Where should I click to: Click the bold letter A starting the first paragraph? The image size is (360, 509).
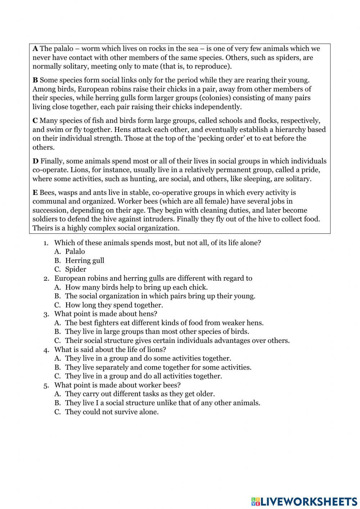[35, 49]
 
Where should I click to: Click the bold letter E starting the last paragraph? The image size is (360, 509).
[35, 193]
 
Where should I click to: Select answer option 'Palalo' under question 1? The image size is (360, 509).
[75, 251]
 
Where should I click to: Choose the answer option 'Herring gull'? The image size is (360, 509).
[85, 260]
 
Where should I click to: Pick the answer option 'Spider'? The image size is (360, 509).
[76, 269]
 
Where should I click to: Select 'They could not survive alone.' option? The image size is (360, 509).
[112, 412]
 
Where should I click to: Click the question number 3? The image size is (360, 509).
[46, 314]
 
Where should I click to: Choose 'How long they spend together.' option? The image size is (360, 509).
[114, 305]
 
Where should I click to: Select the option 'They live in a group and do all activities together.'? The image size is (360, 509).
[143, 376]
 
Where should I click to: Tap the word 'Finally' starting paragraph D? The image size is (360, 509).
[51, 161]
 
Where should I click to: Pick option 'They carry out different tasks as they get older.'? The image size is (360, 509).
[140, 394]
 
